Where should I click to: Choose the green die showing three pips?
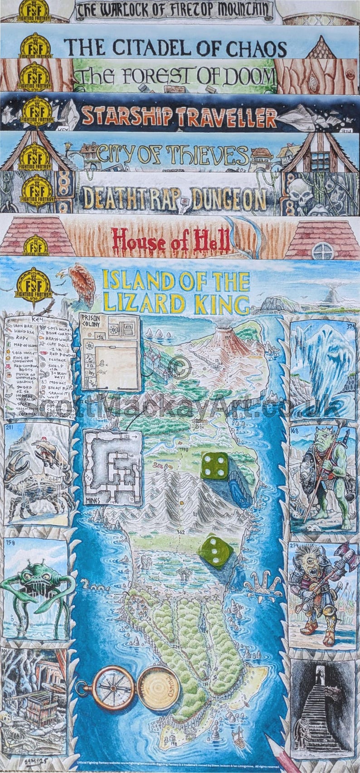215,553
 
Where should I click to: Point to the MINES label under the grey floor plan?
92,500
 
